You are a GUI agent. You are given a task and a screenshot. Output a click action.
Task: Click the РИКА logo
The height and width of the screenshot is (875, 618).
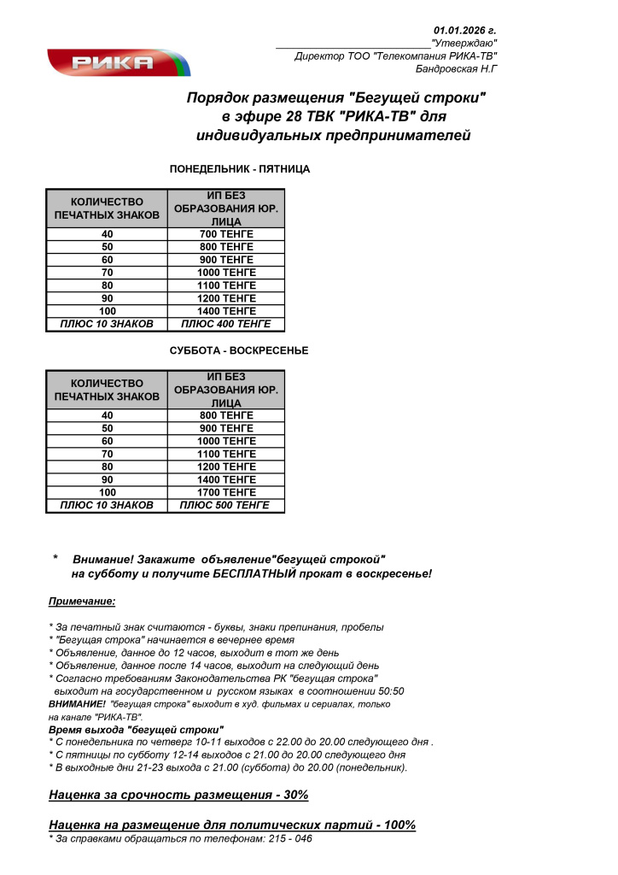coord(117,62)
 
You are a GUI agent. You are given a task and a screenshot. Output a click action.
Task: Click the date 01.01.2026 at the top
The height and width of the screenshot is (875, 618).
coord(465,30)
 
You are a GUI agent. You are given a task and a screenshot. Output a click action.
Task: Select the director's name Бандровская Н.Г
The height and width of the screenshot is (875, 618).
coord(456,68)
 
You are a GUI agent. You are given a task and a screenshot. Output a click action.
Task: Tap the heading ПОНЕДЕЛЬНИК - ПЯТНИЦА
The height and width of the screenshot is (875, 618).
coord(240,169)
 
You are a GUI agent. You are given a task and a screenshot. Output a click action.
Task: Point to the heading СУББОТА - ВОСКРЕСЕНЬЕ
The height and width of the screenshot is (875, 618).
coord(239,351)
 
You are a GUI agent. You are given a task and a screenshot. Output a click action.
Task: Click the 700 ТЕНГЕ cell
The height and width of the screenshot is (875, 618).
coord(226,234)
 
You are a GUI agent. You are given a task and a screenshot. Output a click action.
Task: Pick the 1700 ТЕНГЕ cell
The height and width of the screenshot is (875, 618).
coord(226,492)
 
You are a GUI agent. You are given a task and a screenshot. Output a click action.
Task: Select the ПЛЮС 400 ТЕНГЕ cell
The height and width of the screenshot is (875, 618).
coord(226,324)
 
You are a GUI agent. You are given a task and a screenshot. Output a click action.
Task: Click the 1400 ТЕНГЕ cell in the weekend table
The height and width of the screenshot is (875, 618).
coord(226,479)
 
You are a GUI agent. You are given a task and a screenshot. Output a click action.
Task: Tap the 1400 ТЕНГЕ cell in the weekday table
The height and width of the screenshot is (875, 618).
coord(226,311)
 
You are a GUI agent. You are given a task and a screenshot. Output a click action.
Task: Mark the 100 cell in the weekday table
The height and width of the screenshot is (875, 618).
coord(108,311)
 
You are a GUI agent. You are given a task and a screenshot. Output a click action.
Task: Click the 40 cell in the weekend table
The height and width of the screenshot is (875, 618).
coord(108,415)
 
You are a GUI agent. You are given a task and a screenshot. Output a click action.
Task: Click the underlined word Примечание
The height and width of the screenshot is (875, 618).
coord(82,602)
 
